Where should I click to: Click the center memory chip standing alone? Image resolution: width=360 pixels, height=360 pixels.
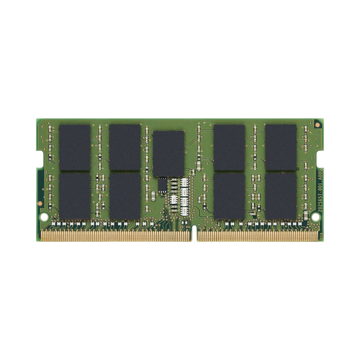click(x=168, y=153)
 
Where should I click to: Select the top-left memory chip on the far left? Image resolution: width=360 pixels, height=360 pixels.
click(x=75, y=147)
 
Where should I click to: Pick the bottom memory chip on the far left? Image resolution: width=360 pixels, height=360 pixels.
click(x=75, y=196)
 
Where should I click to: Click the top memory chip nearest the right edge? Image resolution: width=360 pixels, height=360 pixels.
click(x=280, y=147)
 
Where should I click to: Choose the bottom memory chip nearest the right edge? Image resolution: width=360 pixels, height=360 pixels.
click(x=280, y=196)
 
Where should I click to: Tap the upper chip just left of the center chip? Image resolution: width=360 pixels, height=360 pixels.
click(x=125, y=147)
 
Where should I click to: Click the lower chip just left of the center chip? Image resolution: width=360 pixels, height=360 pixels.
click(x=125, y=196)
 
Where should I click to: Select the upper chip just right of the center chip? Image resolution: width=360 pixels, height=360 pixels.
click(x=229, y=147)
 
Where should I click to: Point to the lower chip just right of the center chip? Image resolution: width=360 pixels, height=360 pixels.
click(x=229, y=196)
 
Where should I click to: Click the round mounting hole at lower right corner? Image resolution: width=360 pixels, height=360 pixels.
click(x=316, y=217)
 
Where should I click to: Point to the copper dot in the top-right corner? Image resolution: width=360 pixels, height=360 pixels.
click(x=317, y=124)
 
